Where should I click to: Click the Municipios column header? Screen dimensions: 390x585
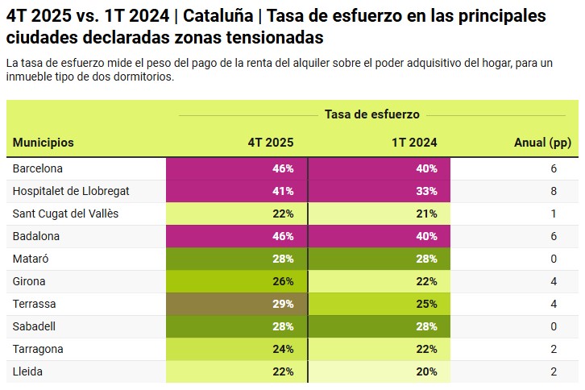(x=44, y=143)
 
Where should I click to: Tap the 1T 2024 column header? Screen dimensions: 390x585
(x=414, y=143)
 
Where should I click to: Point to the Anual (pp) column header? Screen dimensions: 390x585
(x=542, y=143)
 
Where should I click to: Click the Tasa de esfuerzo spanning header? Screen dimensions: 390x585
(x=372, y=114)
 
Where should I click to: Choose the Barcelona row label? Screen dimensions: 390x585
(x=38, y=168)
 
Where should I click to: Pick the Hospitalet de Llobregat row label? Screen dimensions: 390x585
(x=71, y=191)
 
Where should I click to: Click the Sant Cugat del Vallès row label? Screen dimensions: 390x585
(x=65, y=214)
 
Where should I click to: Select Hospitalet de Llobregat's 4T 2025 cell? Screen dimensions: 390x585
(x=237, y=191)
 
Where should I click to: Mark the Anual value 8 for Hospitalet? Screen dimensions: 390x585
(x=554, y=191)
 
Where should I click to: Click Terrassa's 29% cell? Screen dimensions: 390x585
(x=237, y=304)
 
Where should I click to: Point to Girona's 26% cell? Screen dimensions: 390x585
(x=237, y=281)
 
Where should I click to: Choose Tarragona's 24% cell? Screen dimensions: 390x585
(x=237, y=349)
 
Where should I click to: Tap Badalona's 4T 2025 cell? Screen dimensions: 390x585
(x=237, y=236)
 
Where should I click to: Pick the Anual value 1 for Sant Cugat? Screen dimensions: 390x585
(x=554, y=214)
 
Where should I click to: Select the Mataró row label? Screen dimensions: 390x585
(x=31, y=259)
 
